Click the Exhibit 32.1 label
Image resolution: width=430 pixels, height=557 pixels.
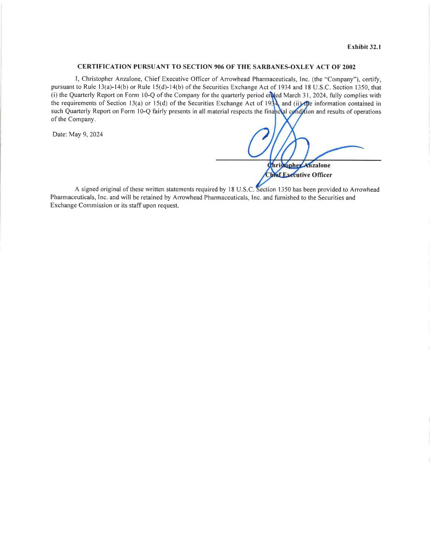(364, 47)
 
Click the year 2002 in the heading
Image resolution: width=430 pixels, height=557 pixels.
(348, 67)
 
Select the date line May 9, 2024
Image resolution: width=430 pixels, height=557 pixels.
(77, 134)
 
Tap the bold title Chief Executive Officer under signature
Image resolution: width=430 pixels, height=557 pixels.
(298, 175)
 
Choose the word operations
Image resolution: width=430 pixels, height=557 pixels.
(366, 111)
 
